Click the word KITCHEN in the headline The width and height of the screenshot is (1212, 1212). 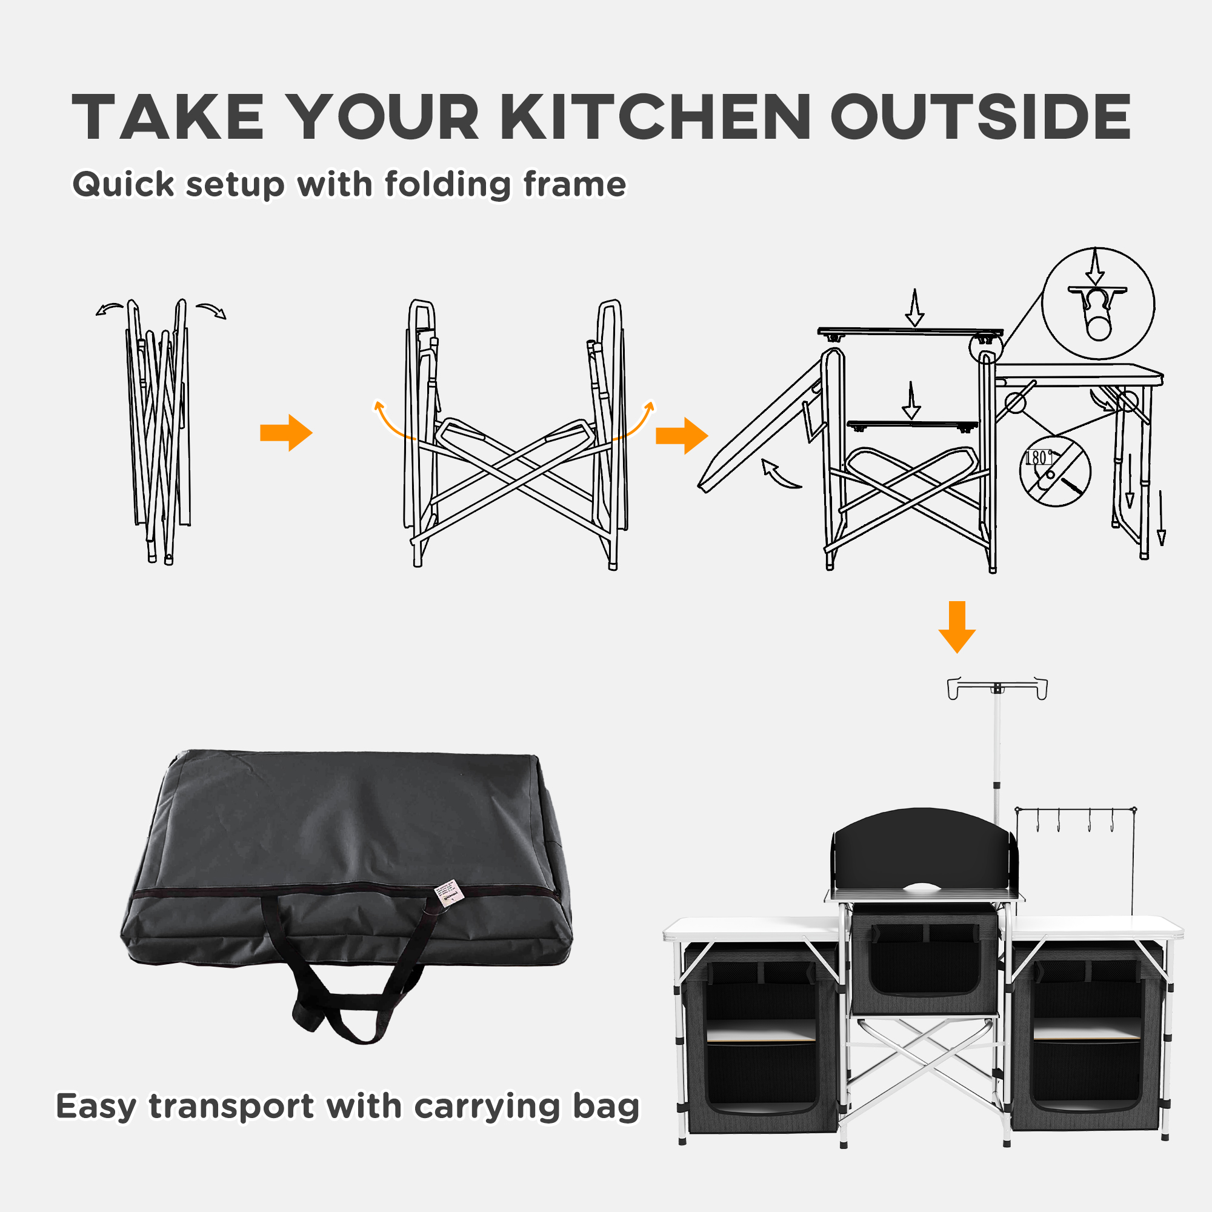click(656, 118)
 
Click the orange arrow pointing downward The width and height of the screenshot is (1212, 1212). click(957, 627)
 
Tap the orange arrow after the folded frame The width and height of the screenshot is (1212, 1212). click(286, 432)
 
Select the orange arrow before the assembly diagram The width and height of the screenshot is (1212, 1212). click(681, 435)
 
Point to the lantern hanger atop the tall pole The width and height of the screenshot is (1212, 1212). click(997, 688)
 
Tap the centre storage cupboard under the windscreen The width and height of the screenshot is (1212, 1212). click(924, 961)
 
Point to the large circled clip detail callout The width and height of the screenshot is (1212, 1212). click(1098, 303)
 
